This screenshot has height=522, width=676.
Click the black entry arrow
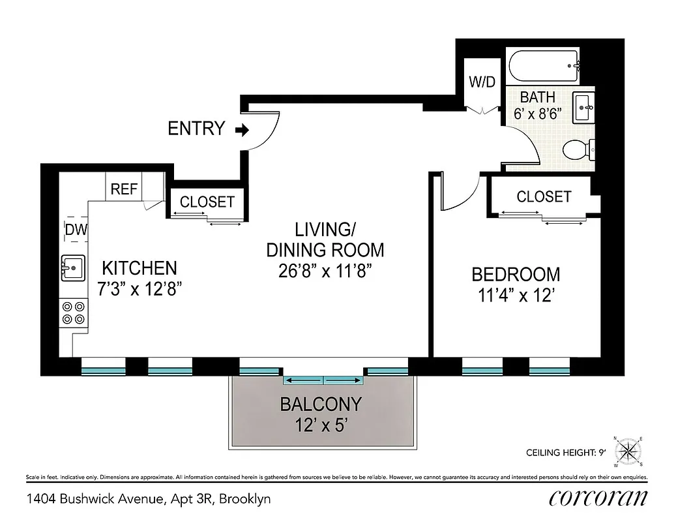pyautogui.click(x=242, y=130)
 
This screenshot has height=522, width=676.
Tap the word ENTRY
pyautogui.click(x=196, y=129)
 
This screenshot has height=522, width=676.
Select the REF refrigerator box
pyautogui.click(x=124, y=189)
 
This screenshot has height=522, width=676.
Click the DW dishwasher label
pyautogui.click(x=76, y=229)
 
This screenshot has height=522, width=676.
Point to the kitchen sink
pyautogui.click(x=73, y=267)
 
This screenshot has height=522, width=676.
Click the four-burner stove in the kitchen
pyautogui.click(x=73, y=312)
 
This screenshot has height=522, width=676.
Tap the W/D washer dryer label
pyautogui.click(x=483, y=83)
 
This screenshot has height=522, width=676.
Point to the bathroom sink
pyautogui.click(x=585, y=107)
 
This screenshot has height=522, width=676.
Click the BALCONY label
pyautogui.click(x=320, y=405)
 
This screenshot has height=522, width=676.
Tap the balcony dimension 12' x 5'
pyautogui.click(x=320, y=426)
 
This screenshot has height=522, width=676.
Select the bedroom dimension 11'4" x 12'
pyautogui.click(x=516, y=296)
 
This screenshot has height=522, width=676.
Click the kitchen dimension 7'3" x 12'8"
pyautogui.click(x=139, y=289)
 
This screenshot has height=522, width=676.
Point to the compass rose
pyautogui.click(x=627, y=450)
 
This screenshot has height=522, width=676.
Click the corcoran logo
pyautogui.click(x=598, y=498)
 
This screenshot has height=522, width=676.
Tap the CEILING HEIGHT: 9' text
pyautogui.click(x=565, y=452)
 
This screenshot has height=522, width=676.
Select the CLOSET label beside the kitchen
pyautogui.click(x=207, y=202)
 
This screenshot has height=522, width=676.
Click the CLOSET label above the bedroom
pyautogui.click(x=543, y=196)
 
